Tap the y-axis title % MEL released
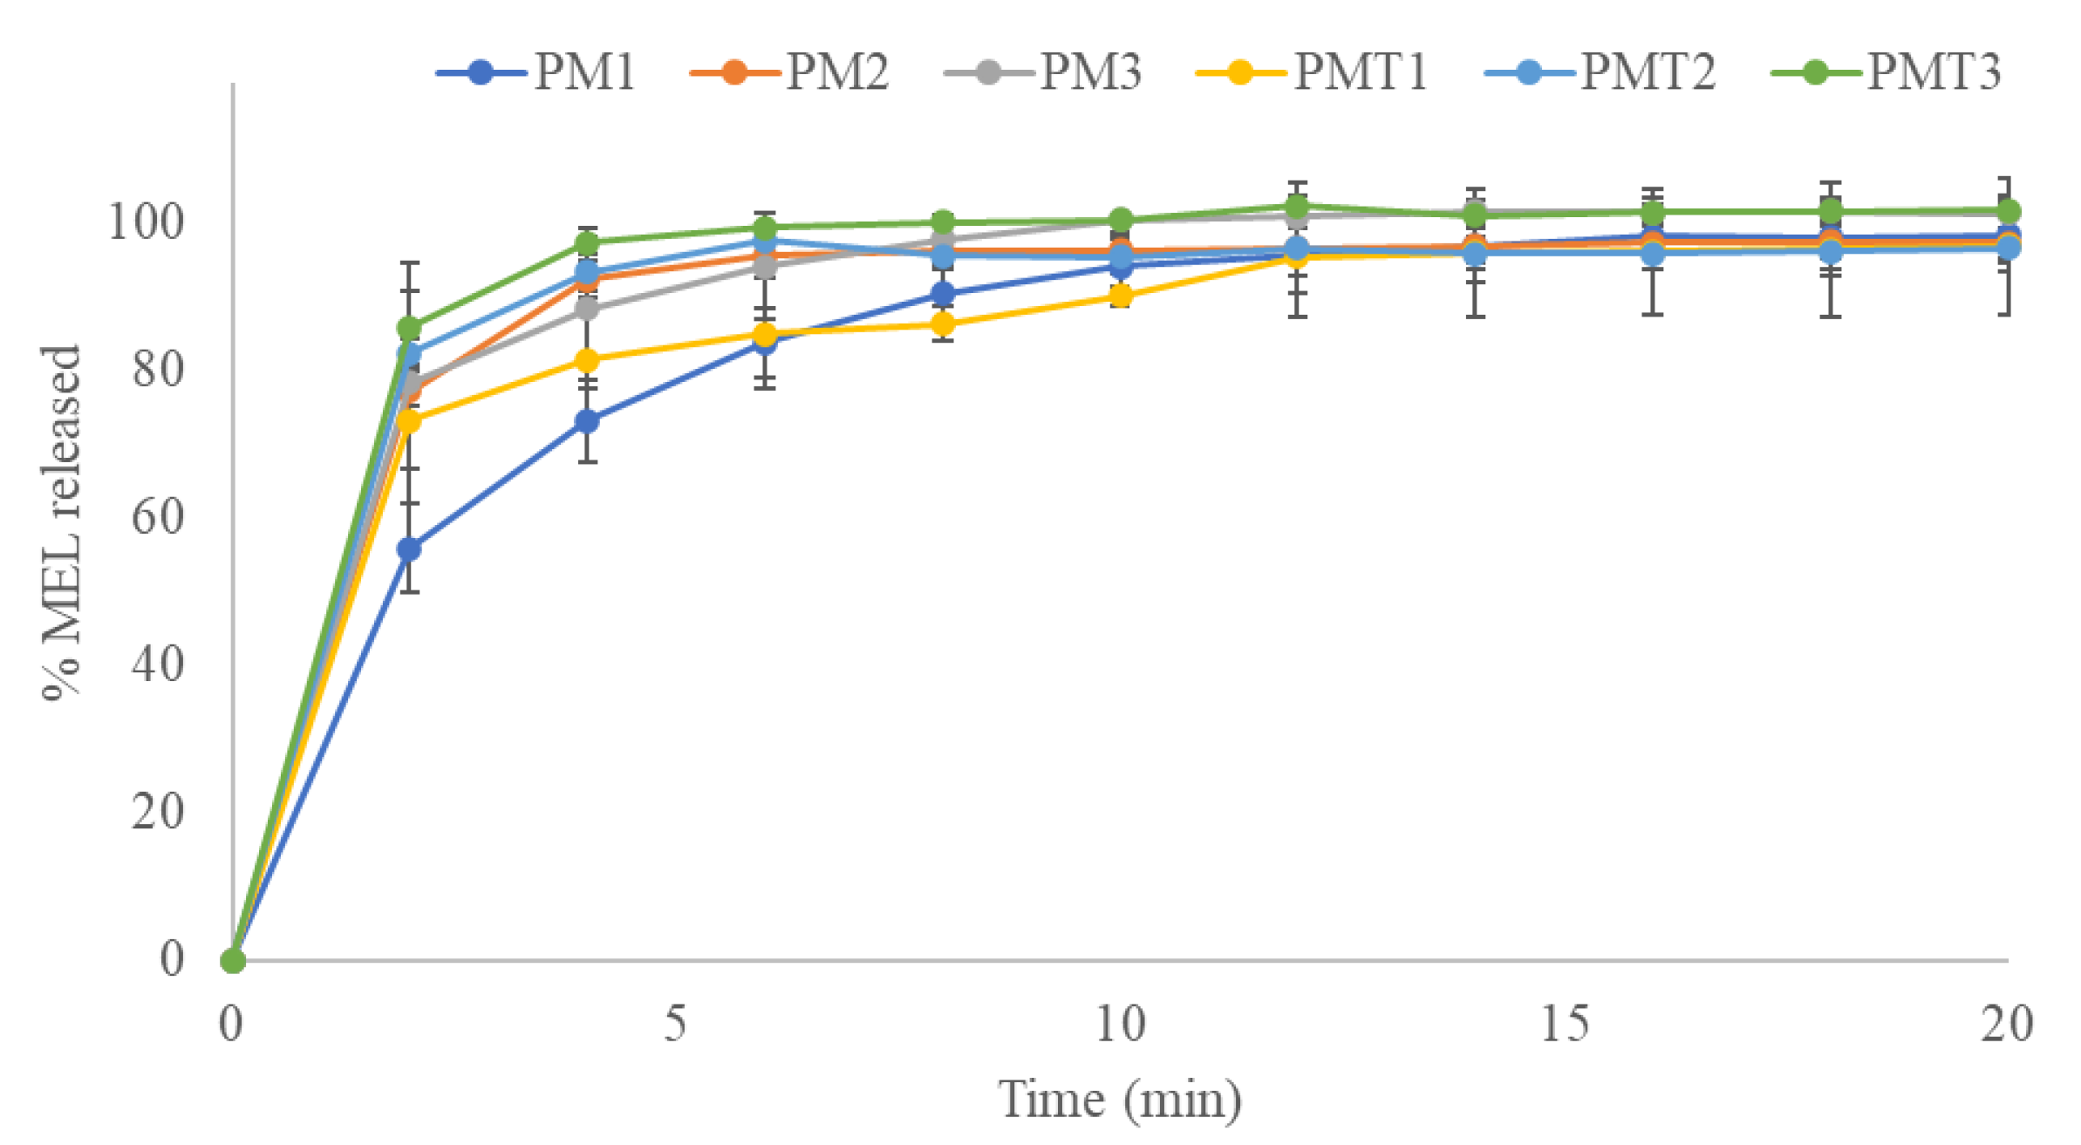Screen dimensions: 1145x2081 point(63,523)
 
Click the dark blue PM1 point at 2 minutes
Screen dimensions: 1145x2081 point(409,549)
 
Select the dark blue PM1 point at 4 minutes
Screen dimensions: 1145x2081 point(588,421)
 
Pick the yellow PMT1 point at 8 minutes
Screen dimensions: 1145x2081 point(943,324)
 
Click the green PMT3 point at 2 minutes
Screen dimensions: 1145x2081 point(409,328)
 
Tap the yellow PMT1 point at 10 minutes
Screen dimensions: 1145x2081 point(1122,296)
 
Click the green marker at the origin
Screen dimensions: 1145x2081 point(233,960)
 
